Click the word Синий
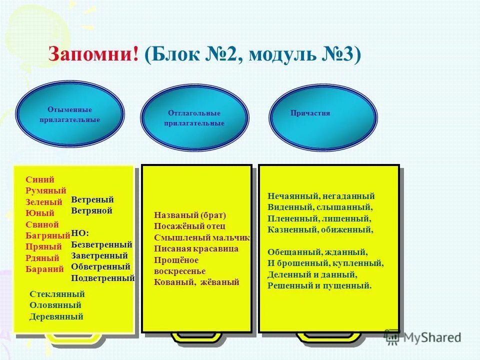click(39, 180)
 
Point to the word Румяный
click(46, 191)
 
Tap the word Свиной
click(42, 224)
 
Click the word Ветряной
click(92, 210)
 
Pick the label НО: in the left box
click(80, 233)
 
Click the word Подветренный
click(103, 278)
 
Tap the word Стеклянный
click(57, 294)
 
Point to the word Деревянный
click(56, 316)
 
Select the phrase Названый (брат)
click(190, 215)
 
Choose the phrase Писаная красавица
click(196, 248)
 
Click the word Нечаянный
click(290, 196)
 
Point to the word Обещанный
click(291, 252)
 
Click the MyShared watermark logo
click(422, 337)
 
